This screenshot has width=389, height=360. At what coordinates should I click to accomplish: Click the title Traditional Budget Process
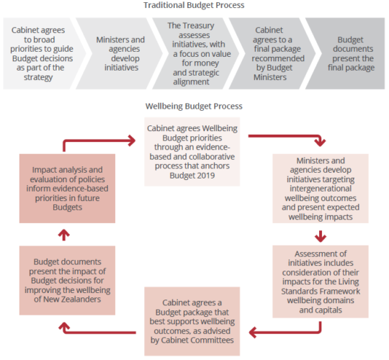click(194, 5)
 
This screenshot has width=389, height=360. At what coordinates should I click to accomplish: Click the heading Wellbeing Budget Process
click(194, 106)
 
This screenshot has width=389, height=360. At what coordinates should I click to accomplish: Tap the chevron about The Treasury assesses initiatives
click(194, 53)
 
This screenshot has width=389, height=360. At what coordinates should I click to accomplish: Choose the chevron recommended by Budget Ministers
click(272, 53)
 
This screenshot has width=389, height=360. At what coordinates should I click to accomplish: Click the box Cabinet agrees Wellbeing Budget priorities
click(192, 152)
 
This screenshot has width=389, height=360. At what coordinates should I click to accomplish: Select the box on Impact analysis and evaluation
click(67, 189)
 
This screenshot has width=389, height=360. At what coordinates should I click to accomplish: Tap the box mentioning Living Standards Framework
click(321, 282)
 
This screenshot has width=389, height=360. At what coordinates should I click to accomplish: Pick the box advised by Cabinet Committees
click(192, 321)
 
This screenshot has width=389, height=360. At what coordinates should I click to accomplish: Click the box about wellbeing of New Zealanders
click(67, 280)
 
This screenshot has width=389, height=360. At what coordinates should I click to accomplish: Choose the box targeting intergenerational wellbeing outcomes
click(321, 189)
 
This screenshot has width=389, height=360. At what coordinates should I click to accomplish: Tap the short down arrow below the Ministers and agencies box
click(321, 236)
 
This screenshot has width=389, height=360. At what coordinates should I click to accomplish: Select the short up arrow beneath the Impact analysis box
click(64, 235)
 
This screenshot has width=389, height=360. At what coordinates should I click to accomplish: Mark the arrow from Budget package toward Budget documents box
click(99, 332)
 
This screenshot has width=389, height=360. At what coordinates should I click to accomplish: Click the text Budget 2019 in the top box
click(192, 175)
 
